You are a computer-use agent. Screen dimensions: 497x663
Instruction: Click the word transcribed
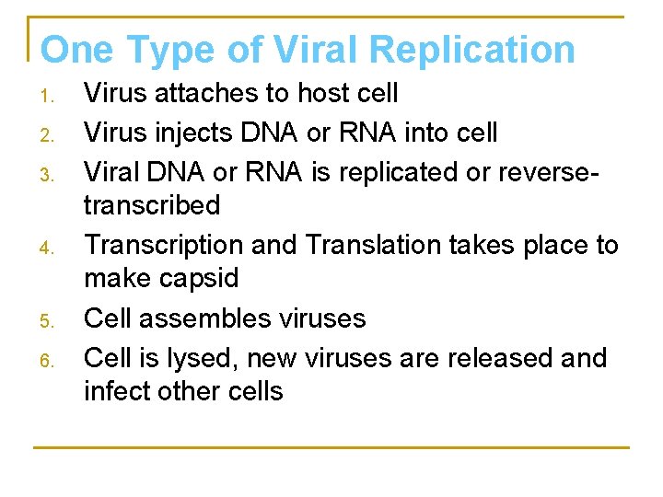tap(152, 204)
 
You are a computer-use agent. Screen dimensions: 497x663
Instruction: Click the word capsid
tap(205, 278)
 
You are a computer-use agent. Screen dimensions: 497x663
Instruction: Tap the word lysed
tap(212, 357)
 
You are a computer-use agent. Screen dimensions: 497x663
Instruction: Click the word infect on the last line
tap(115, 390)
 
